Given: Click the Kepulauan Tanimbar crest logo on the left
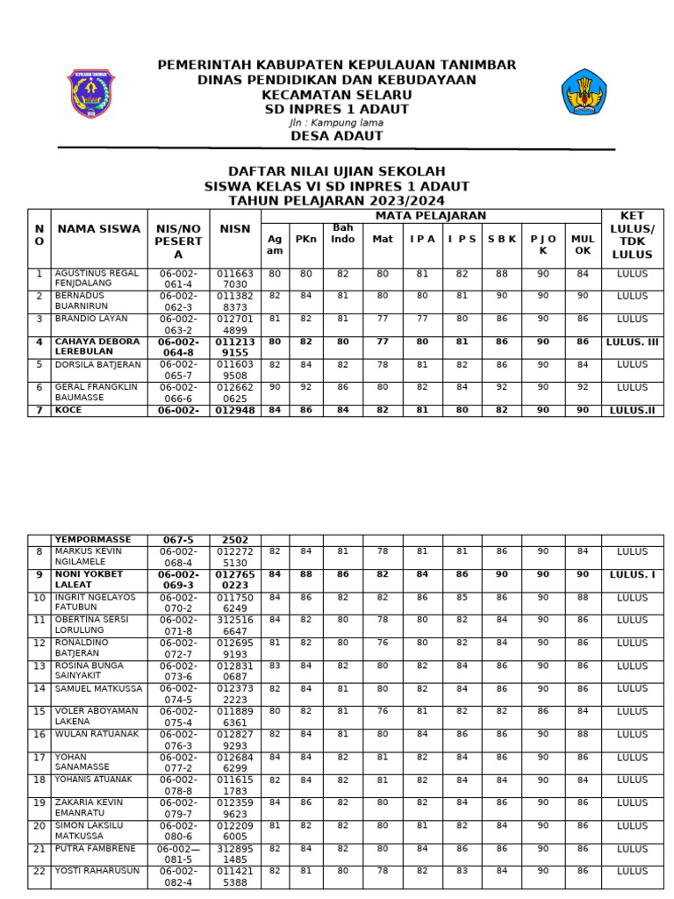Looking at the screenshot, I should click(x=90, y=94).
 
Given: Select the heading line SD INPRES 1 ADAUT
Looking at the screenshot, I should click(x=337, y=110).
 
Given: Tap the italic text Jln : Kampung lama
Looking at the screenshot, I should click(x=336, y=123).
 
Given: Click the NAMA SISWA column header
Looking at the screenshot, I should click(x=98, y=229).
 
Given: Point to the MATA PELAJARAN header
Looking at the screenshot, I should click(x=431, y=216).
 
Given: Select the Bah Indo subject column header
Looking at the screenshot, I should click(x=342, y=234).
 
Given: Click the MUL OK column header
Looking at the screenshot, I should click(x=583, y=244).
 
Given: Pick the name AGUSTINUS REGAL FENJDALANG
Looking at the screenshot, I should click(x=97, y=279).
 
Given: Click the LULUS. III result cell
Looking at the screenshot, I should click(x=632, y=342).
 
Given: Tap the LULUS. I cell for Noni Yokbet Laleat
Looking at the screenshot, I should click(x=632, y=574).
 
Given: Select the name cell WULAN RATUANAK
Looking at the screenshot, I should click(x=97, y=734).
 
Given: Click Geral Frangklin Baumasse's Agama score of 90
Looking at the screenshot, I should click(x=275, y=387).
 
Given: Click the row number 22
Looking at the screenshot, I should click(x=39, y=871).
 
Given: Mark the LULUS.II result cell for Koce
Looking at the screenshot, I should click(x=632, y=409).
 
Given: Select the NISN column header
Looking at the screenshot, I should click(x=235, y=229).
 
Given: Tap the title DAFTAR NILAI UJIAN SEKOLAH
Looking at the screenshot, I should click(x=337, y=171).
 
